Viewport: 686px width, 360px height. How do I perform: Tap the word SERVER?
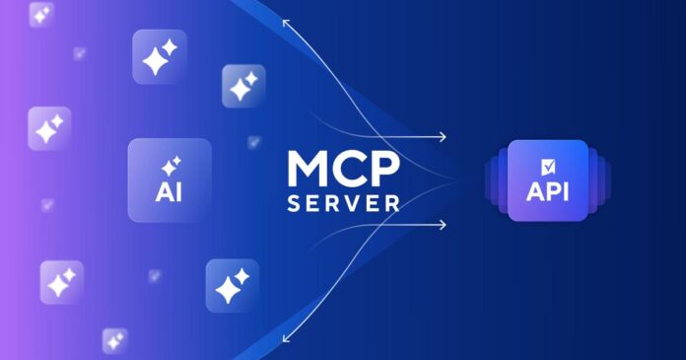[x=343, y=204]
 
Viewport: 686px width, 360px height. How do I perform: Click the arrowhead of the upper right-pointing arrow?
[x=443, y=137]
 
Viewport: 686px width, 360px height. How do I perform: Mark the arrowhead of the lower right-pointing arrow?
[x=443, y=225]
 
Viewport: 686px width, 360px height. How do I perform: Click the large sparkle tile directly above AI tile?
[x=159, y=56]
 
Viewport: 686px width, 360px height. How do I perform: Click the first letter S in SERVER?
[x=293, y=204]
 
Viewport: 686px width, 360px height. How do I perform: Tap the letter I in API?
[x=569, y=189]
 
